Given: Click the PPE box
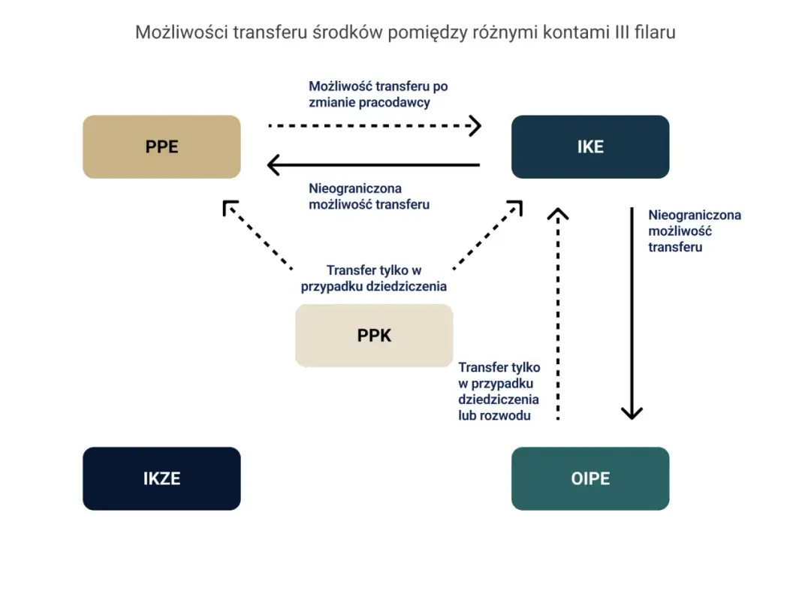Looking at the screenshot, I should click(161, 146).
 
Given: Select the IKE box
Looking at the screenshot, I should click(590, 146).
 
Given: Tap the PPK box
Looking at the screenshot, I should click(374, 335).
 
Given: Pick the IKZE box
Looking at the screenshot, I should click(161, 478).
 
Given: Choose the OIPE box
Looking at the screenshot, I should click(590, 478).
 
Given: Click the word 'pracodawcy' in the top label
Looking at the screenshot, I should click(394, 103).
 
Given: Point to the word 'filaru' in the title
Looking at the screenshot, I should click(655, 32).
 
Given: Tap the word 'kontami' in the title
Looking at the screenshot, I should click(570, 32).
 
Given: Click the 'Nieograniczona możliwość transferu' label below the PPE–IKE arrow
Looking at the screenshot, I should click(369, 197).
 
